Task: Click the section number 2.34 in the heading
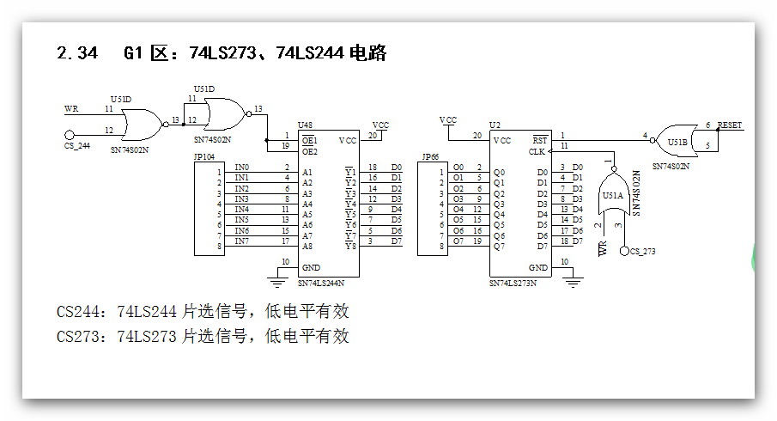pyautogui.click(x=76, y=53)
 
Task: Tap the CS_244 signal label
pyautogui.click(x=77, y=146)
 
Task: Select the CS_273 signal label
pyautogui.click(x=643, y=251)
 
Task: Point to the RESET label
pyautogui.click(x=730, y=125)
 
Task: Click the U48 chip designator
pyautogui.click(x=305, y=125)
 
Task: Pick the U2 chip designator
pyautogui.click(x=494, y=125)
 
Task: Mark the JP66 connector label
pyautogui.click(x=429, y=158)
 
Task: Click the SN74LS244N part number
pyautogui.click(x=321, y=282)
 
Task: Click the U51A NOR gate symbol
pyautogui.click(x=613, y=194)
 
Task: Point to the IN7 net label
pyautogui.click(x=242, y=241)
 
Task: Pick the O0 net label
pyautogui.click(x=458, y=168)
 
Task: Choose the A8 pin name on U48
pyautogui.click(x=307, y=246)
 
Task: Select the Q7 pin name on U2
pyautogui.click(x=498, y=246)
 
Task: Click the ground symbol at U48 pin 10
pyautogui.click(x=277, y=281)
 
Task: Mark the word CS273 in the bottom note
pyautogui.click(x=81, y=336)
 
